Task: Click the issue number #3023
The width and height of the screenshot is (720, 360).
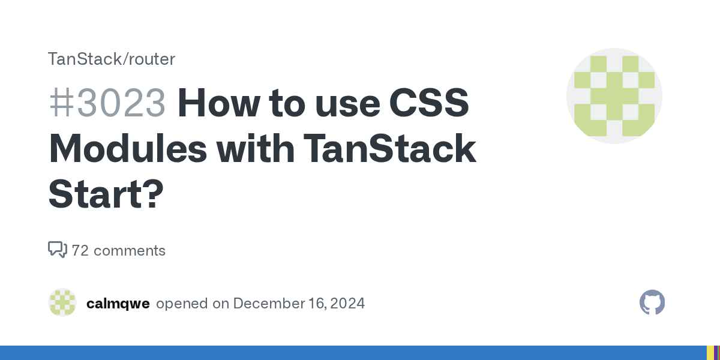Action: [107, 104]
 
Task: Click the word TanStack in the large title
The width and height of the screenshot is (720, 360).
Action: [390, 150]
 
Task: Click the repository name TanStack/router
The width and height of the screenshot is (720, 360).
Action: [112, 59]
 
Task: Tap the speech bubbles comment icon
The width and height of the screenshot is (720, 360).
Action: [57, 250]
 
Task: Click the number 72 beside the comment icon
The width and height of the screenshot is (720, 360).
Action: [80, 250]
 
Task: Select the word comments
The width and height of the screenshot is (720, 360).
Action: [130, 250]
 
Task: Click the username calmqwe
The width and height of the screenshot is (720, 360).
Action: [118, 303]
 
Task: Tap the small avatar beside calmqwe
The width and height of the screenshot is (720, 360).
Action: [62, 303]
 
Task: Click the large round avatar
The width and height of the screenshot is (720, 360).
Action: [614, 96]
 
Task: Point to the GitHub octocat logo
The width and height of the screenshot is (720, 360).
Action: [652, 303]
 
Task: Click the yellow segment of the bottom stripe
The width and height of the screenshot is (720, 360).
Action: [710, 353]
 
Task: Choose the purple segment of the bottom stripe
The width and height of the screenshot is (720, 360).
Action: [718, 353]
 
